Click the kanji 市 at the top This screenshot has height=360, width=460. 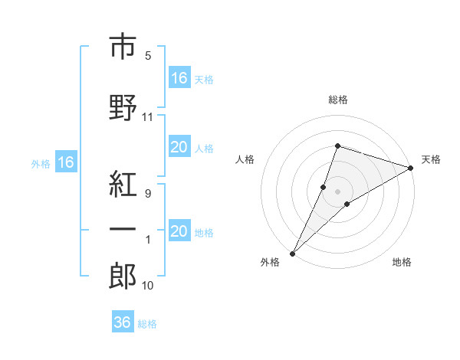pyautogui.click(x=123, y=46)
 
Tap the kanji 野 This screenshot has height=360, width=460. pyautogui.click(x=123, y=107)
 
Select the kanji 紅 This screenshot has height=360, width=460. pyautogui.click(x=123, y=184)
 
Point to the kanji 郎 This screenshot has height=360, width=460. pyautogui.click(x=123, y=276)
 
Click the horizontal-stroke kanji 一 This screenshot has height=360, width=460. pyautogui.click(x=123, y=230)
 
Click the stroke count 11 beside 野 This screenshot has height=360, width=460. pyautogui.click(x=147, y=117)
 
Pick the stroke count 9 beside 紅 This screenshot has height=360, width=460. pyautogui.click(x=148, y=194)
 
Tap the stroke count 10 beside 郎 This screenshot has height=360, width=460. pyautogui.click(x=147, y=286)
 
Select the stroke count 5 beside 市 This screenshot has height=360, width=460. pyautogui.click(x=148, y=56)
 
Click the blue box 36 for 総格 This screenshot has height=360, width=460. pyautogui.click(x=123, y=321)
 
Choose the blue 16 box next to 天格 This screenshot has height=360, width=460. pyautogui.click(x=180, y=77)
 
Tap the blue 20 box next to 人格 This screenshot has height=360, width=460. pyautogui.click(x=180, y=146)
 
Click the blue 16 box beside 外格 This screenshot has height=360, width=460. pyautogui.click(x=66, y=162)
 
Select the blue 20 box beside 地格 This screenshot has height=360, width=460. pyautogui.click(x=180, y=230)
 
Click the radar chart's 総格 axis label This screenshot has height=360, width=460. pyautogui.click(x=338, y=100)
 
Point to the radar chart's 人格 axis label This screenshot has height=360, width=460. pyautogui.click(x=245, y=159)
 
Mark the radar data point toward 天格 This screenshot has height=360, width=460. pyautogui.click(x=411, y=168)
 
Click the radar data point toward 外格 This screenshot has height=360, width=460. pyautogui.click(x=293, y=254)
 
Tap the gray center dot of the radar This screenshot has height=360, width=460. pyautogui.click(x=337, y=191)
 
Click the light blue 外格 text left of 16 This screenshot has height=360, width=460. pyautogui.click(x=41, y=164)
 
